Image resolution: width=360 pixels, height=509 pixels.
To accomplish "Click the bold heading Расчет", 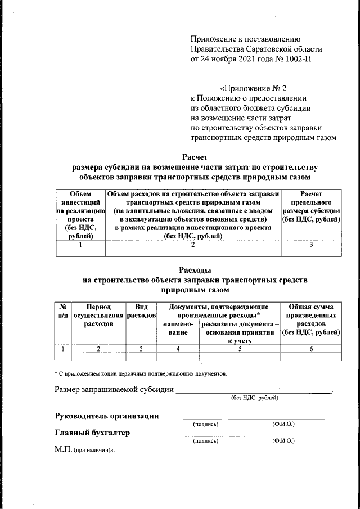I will pos(195,157).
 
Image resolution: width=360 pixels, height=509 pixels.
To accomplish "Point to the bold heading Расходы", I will pos(195,270).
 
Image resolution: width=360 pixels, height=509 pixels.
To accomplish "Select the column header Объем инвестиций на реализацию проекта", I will pos(80,215).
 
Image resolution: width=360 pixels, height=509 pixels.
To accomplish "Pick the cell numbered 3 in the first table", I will pos(310,245).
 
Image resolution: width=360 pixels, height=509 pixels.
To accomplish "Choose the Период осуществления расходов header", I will pos(99,316).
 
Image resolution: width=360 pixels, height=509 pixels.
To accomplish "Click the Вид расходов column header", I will pos(141,311).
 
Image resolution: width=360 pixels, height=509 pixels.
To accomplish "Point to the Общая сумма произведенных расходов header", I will pos(310,319).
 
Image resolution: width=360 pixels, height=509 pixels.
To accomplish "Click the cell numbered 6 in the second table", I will pos(310,349).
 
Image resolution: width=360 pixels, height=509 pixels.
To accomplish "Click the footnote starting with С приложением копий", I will pos(141,373).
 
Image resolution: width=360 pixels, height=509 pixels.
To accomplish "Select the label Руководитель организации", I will pos(106,416).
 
